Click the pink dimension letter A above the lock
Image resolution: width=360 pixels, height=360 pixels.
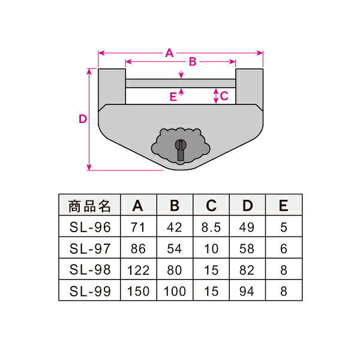pyautogui.click(x=169, y=53)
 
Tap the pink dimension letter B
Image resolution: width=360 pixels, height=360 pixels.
pyautogui.click(x=193, y=62)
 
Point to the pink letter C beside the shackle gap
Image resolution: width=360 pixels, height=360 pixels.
pyautogui.click(x=224, y=96)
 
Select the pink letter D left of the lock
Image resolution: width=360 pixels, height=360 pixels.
pyautogui.click(x=83, y=119)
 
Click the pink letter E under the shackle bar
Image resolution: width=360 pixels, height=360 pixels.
pyautogui.click(x=173, y=97)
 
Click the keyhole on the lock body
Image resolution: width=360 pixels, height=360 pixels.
pyautogui.click(x=181, y=149)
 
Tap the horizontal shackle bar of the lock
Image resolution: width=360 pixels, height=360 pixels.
pyautogui.click(x=181, y=83)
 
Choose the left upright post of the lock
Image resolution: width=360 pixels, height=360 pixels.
pyautogui.click(x=112, y=86)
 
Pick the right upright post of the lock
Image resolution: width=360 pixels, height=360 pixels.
pyautogui.click(x=250, y=86)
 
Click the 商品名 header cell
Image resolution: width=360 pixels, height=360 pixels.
pyautogui.click(x=90, y=206)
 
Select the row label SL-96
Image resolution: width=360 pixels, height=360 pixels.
pyautogui.click(x=90, y=227)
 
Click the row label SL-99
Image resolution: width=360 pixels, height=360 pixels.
pyautogui.click(x=90, y=291)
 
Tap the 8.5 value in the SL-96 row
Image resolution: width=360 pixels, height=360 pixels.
pyautogui.click(x=211, y=227)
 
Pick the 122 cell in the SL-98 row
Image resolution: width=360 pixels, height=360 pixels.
pyautogui.click(x=138, y=270)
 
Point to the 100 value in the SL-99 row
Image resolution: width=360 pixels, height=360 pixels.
pyautogui.click(x=175, y=291)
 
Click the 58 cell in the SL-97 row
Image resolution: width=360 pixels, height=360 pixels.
pyautogui.click(x=247, y=248)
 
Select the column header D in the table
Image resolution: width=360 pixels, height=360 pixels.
pyautogui.click(x=247, y=205)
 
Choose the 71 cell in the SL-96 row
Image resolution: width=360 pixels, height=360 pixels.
pyautogui.click(x=138, y=227)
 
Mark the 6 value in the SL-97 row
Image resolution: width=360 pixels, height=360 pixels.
pyautogui.click(x=284, y=248)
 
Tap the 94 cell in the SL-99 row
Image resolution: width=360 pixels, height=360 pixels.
pyautogui.click(x=247, y=291)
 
